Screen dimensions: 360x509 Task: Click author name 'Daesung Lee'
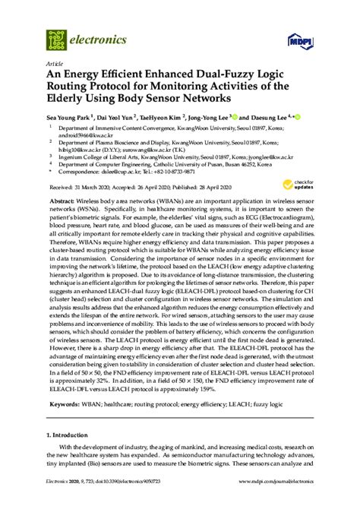(x=269, y=118)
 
